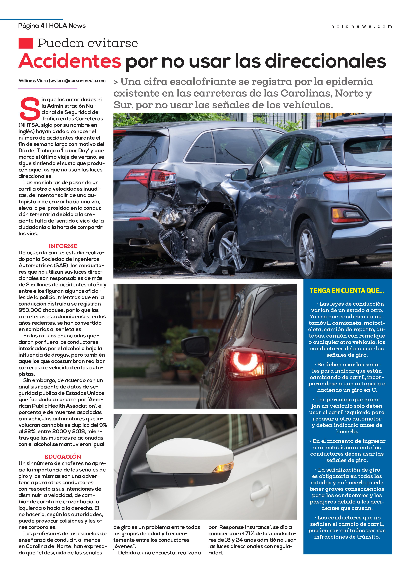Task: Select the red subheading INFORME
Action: point(63,246)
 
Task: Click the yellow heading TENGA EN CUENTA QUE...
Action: point(347,291)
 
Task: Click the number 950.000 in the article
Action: point(30,310)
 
